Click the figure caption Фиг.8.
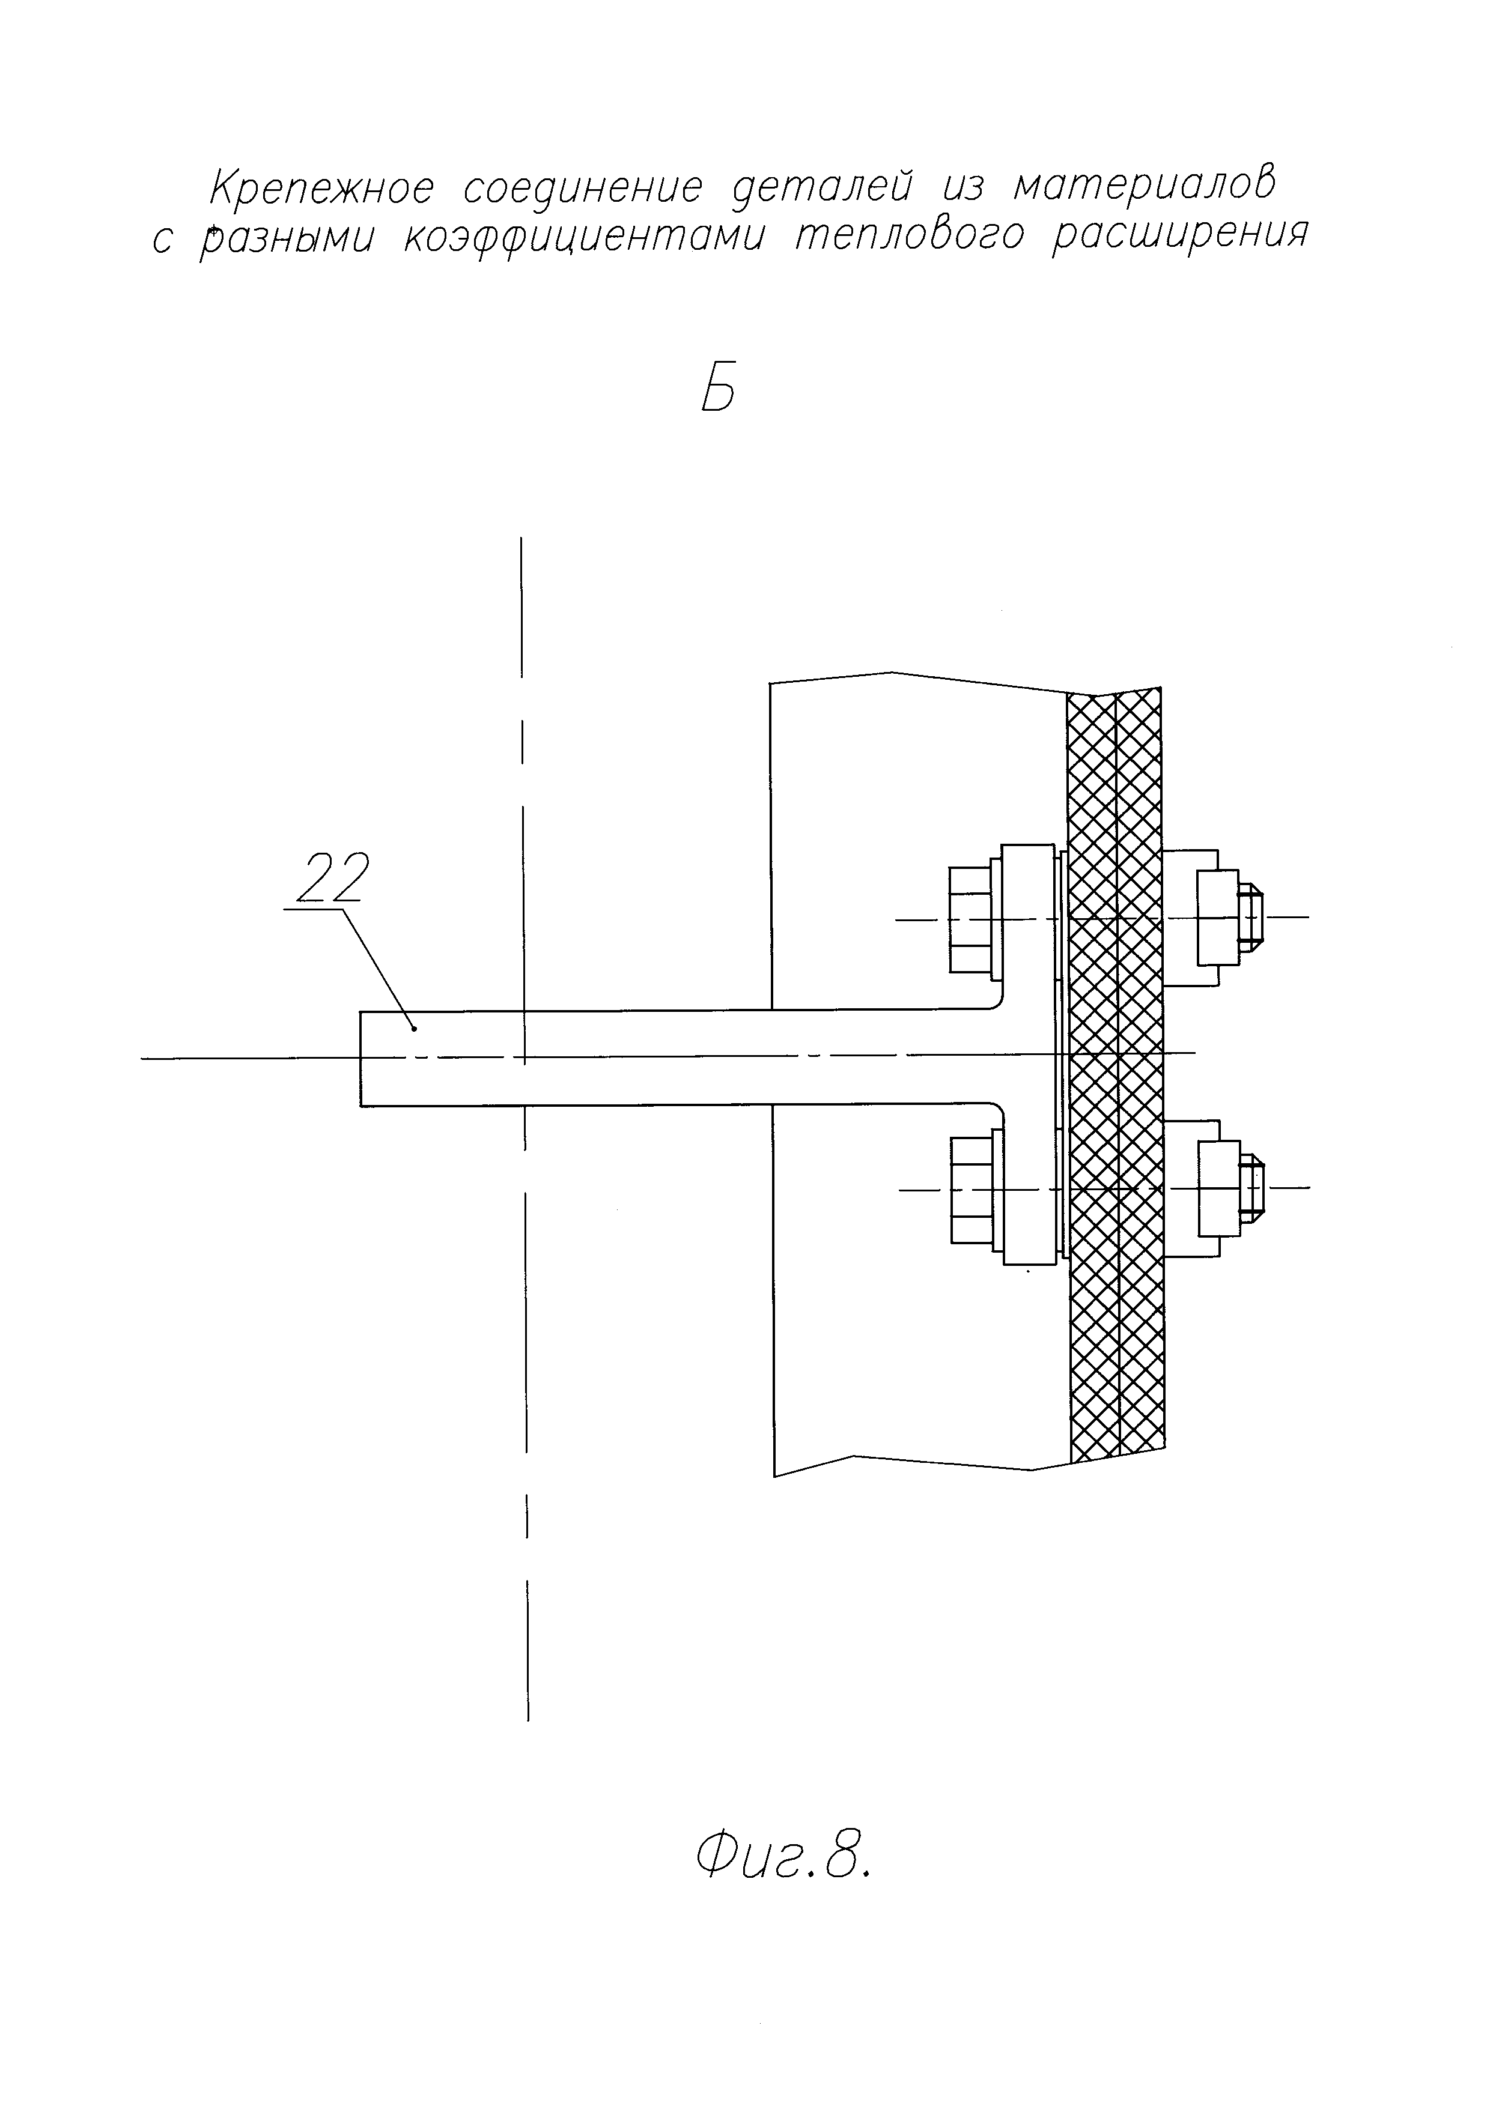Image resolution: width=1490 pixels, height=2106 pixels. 782,1857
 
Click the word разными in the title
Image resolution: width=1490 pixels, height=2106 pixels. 287,238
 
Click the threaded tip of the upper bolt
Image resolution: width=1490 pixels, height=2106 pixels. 1252,916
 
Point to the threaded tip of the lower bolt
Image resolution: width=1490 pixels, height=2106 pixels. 1252,1189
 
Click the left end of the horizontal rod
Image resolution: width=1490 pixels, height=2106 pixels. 362,1059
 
